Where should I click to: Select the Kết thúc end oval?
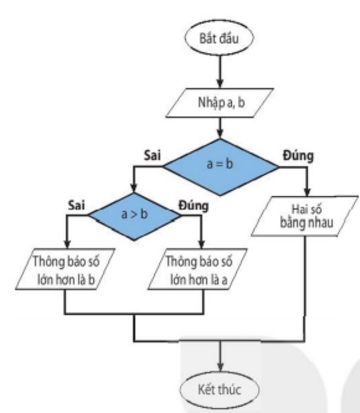point(219,389)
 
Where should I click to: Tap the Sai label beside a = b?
point(153,155)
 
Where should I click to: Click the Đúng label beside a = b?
point(298,155)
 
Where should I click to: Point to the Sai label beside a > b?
point(76,205)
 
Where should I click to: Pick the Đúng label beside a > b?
point(193,205)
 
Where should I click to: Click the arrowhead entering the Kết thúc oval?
point(220,366)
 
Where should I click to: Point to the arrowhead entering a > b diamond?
point(134,188)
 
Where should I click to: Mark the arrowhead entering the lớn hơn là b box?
point(67,244)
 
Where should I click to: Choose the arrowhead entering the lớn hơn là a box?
point(201,244)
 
